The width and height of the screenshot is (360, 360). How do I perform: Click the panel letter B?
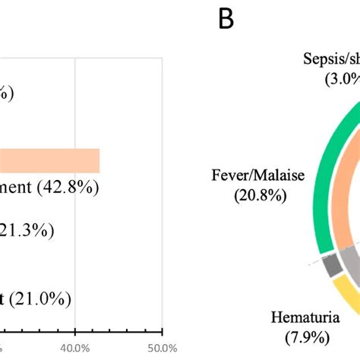[226, 19]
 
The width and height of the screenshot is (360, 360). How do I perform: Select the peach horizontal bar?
[50, 160]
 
